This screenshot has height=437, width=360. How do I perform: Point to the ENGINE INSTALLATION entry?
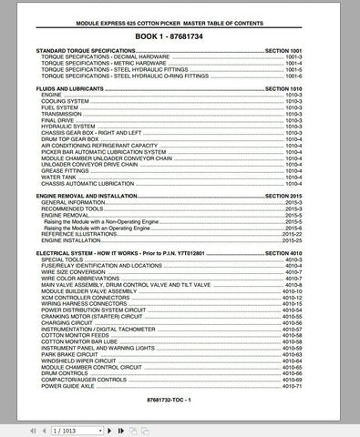coord(75,239)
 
